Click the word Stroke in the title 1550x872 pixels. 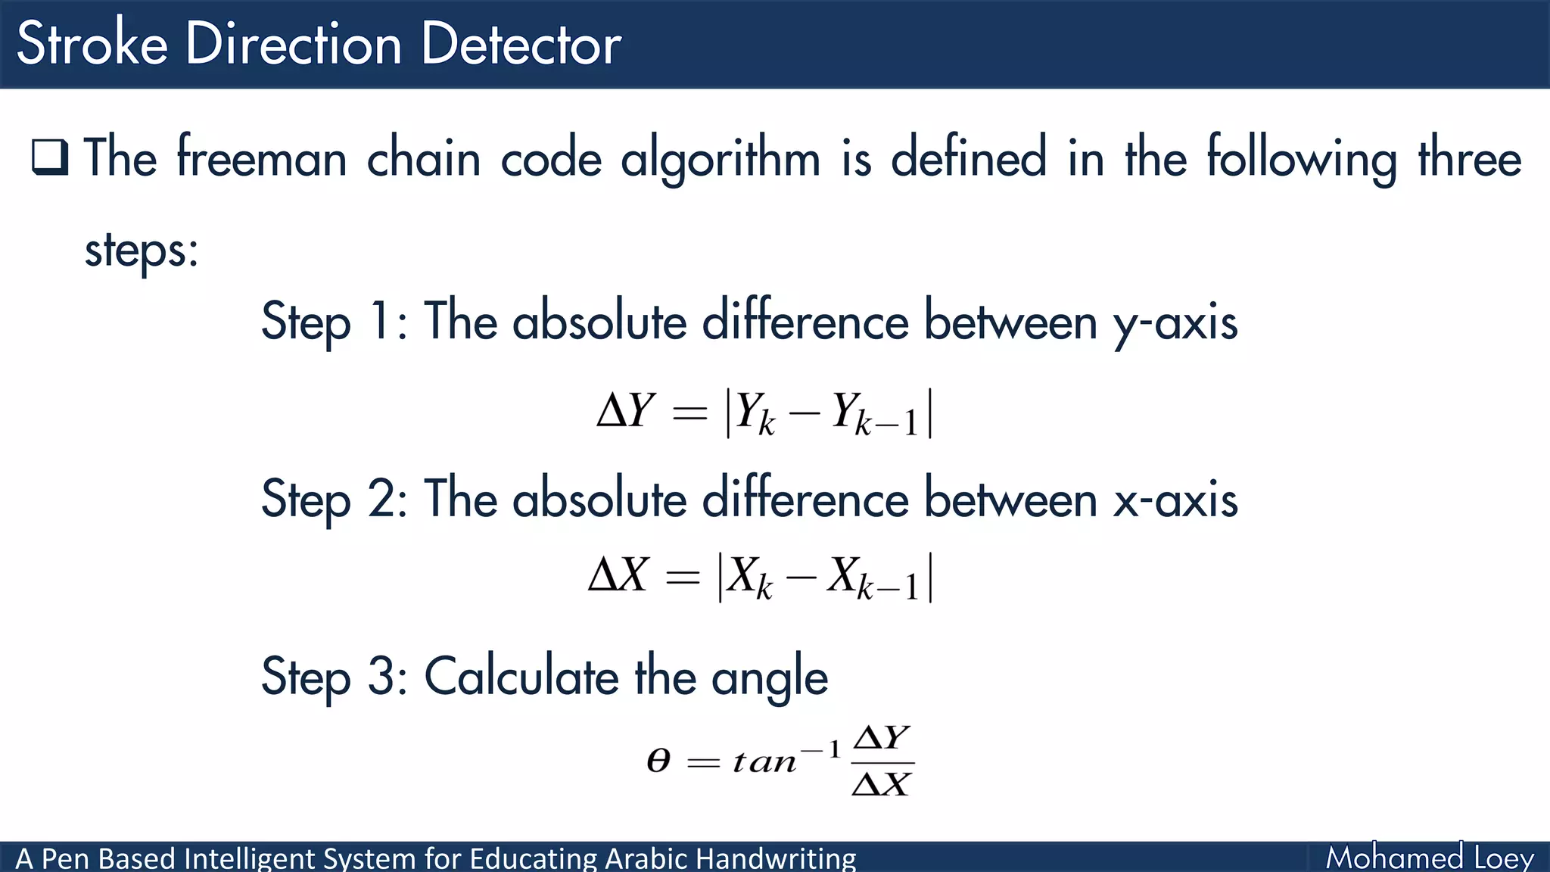pyautogui.click(x=92, y=44)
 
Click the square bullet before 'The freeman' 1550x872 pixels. pyautogui.click(x=50, y=157)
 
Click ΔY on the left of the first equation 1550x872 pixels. pyautogui.click(x=625, y=412)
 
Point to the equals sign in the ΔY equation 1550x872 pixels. pyautogui.click(x=689, y=413)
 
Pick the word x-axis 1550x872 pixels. pyautogui.click(x=1175, y=500)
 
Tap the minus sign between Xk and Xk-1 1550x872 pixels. pyautogui.click(x=801, y=578)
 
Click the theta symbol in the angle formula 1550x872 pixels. pyautogui.click(x=658, y=760)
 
